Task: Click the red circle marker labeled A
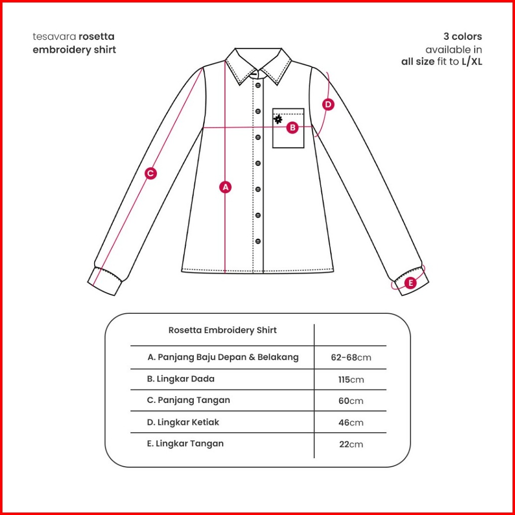[x=226, y=187]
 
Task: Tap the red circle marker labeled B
[x=292, y=128]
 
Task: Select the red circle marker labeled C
[x=150, y=173]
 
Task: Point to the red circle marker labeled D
[x=328, y=105]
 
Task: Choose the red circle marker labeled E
[x=410, y=283]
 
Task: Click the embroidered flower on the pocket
[x=278, y=120]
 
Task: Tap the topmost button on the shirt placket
[x=258, y=86]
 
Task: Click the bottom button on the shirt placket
[x=258, y=241]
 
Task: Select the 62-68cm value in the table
[x=351, y=358]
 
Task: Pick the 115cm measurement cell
[x=351, y=380]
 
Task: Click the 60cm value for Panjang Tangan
[x=351, y=401]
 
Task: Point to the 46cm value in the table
[x=351, y=423]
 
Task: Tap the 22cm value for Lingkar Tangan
[x=351, y=444]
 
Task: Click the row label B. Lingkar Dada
[x=181, y=379]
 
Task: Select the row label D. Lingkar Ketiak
[x=183, y=422]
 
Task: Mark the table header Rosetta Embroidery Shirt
[x=223, y=330]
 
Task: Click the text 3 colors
[x=463, y=37]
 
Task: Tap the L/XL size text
[x=472, y=62]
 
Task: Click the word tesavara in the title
[x=55, y=37]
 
